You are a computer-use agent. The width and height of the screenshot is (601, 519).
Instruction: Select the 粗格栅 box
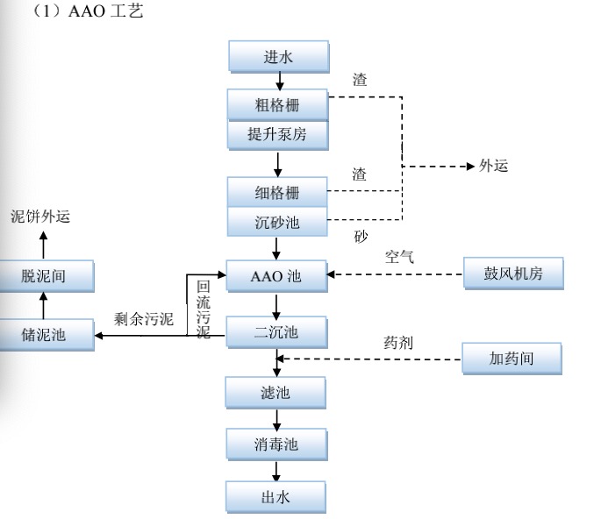(277, 105)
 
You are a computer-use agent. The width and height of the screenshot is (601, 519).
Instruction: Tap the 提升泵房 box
(277, 135)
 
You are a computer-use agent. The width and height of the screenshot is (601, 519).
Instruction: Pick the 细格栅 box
(277, 193)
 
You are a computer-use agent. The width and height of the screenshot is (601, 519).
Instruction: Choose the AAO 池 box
(277, 276)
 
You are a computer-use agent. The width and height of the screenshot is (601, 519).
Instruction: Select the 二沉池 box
(277, 333)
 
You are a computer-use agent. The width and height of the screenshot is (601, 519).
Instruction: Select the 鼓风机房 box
(513, 274)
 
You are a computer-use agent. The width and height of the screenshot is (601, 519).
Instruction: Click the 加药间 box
(513, 358)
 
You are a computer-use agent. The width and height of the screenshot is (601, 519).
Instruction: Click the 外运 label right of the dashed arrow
(493, 166)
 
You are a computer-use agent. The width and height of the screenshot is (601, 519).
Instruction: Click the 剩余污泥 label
(144, 319)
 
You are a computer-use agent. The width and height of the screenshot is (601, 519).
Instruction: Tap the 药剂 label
(398, 343)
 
